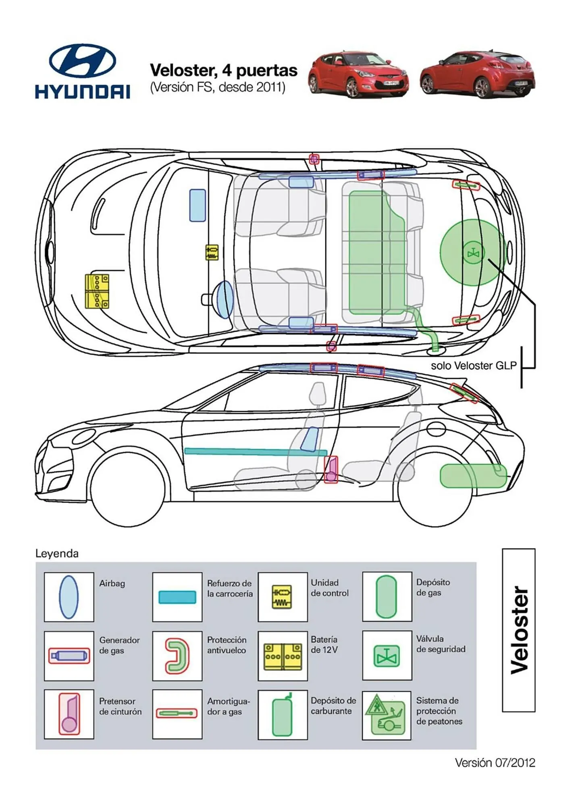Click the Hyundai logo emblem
82,61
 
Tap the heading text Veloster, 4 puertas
223,70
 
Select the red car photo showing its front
358,75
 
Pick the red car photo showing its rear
478,75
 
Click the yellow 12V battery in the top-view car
97,291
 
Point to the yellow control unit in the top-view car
212,252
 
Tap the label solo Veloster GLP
473,366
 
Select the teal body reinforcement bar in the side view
255,452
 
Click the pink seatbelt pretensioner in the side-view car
331,469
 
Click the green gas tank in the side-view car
472,476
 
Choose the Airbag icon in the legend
69,597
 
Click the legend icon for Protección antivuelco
177,656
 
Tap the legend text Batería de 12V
324,644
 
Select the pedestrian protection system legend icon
386,715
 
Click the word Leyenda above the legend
57,553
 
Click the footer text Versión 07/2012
495,762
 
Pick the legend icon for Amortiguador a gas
177,714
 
